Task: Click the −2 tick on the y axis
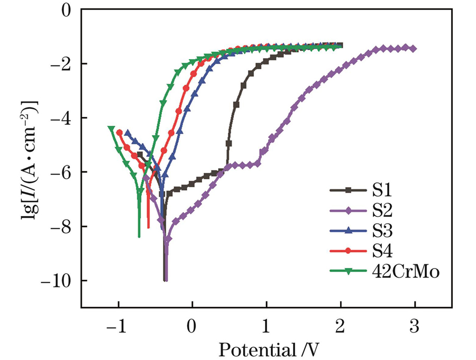pyautogui.click(x=64, y=63)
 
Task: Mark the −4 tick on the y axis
pyautogui.click(x=64, y=118)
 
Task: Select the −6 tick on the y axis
pyautogui.click(x=64, y=172)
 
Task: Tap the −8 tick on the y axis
pyautogui.click(x=64, y=226)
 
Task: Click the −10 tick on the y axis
pyautogui.click(x=60, y=281)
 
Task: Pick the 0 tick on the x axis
pyautogui.click(x=192, y=327)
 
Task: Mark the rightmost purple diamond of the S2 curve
pyautogui.click(x=413, y=49)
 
